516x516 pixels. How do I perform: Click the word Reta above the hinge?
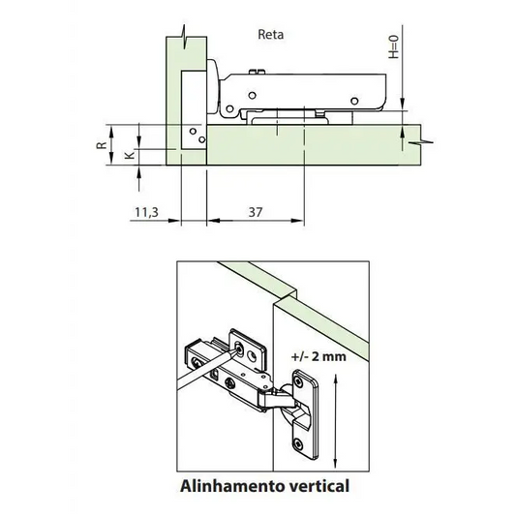(x=270, y=35)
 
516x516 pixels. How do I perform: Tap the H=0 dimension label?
(x=394, y=47)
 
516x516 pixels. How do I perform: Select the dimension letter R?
(x=102, y=145)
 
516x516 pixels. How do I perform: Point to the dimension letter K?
(x=131, y=155)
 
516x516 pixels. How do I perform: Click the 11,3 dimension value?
(x=147, y=212)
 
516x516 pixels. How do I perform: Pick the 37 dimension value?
(x=256, y=212)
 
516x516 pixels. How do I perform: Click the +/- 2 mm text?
(x=319, y=356)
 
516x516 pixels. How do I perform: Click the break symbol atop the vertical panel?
(x=186, y=36)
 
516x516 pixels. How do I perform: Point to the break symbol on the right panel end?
(x=420, y=142)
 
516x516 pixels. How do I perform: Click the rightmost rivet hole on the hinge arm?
(x=354, y=101)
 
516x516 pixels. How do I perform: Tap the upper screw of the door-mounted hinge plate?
(x=298, y=381)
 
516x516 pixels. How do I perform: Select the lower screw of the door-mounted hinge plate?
(x=298, y=444)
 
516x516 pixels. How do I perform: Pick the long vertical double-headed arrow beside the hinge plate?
(x=335, y=420)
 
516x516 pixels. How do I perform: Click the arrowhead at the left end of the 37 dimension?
(x=213, y=221)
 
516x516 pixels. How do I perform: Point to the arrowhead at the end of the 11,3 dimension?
(x=174, y=221)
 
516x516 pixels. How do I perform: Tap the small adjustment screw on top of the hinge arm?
(x=257, y=72)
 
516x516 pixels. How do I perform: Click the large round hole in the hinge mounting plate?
(x=253, y=356)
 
